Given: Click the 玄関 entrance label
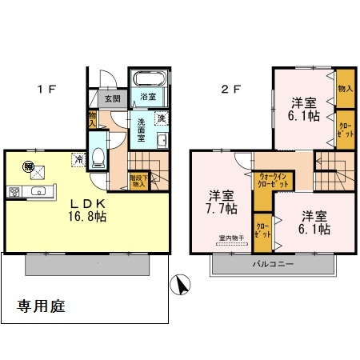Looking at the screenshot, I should pos(112,99).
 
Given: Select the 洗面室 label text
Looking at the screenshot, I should pos(141,128).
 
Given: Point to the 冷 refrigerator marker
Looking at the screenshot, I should pos(79,159).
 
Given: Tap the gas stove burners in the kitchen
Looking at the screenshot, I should pos(14,191).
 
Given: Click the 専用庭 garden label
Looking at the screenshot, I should pos(41,306).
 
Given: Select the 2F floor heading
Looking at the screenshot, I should pos(230,89).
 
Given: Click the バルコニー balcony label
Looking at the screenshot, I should pos(274,264).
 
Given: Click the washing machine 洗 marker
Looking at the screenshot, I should pos(160,119).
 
